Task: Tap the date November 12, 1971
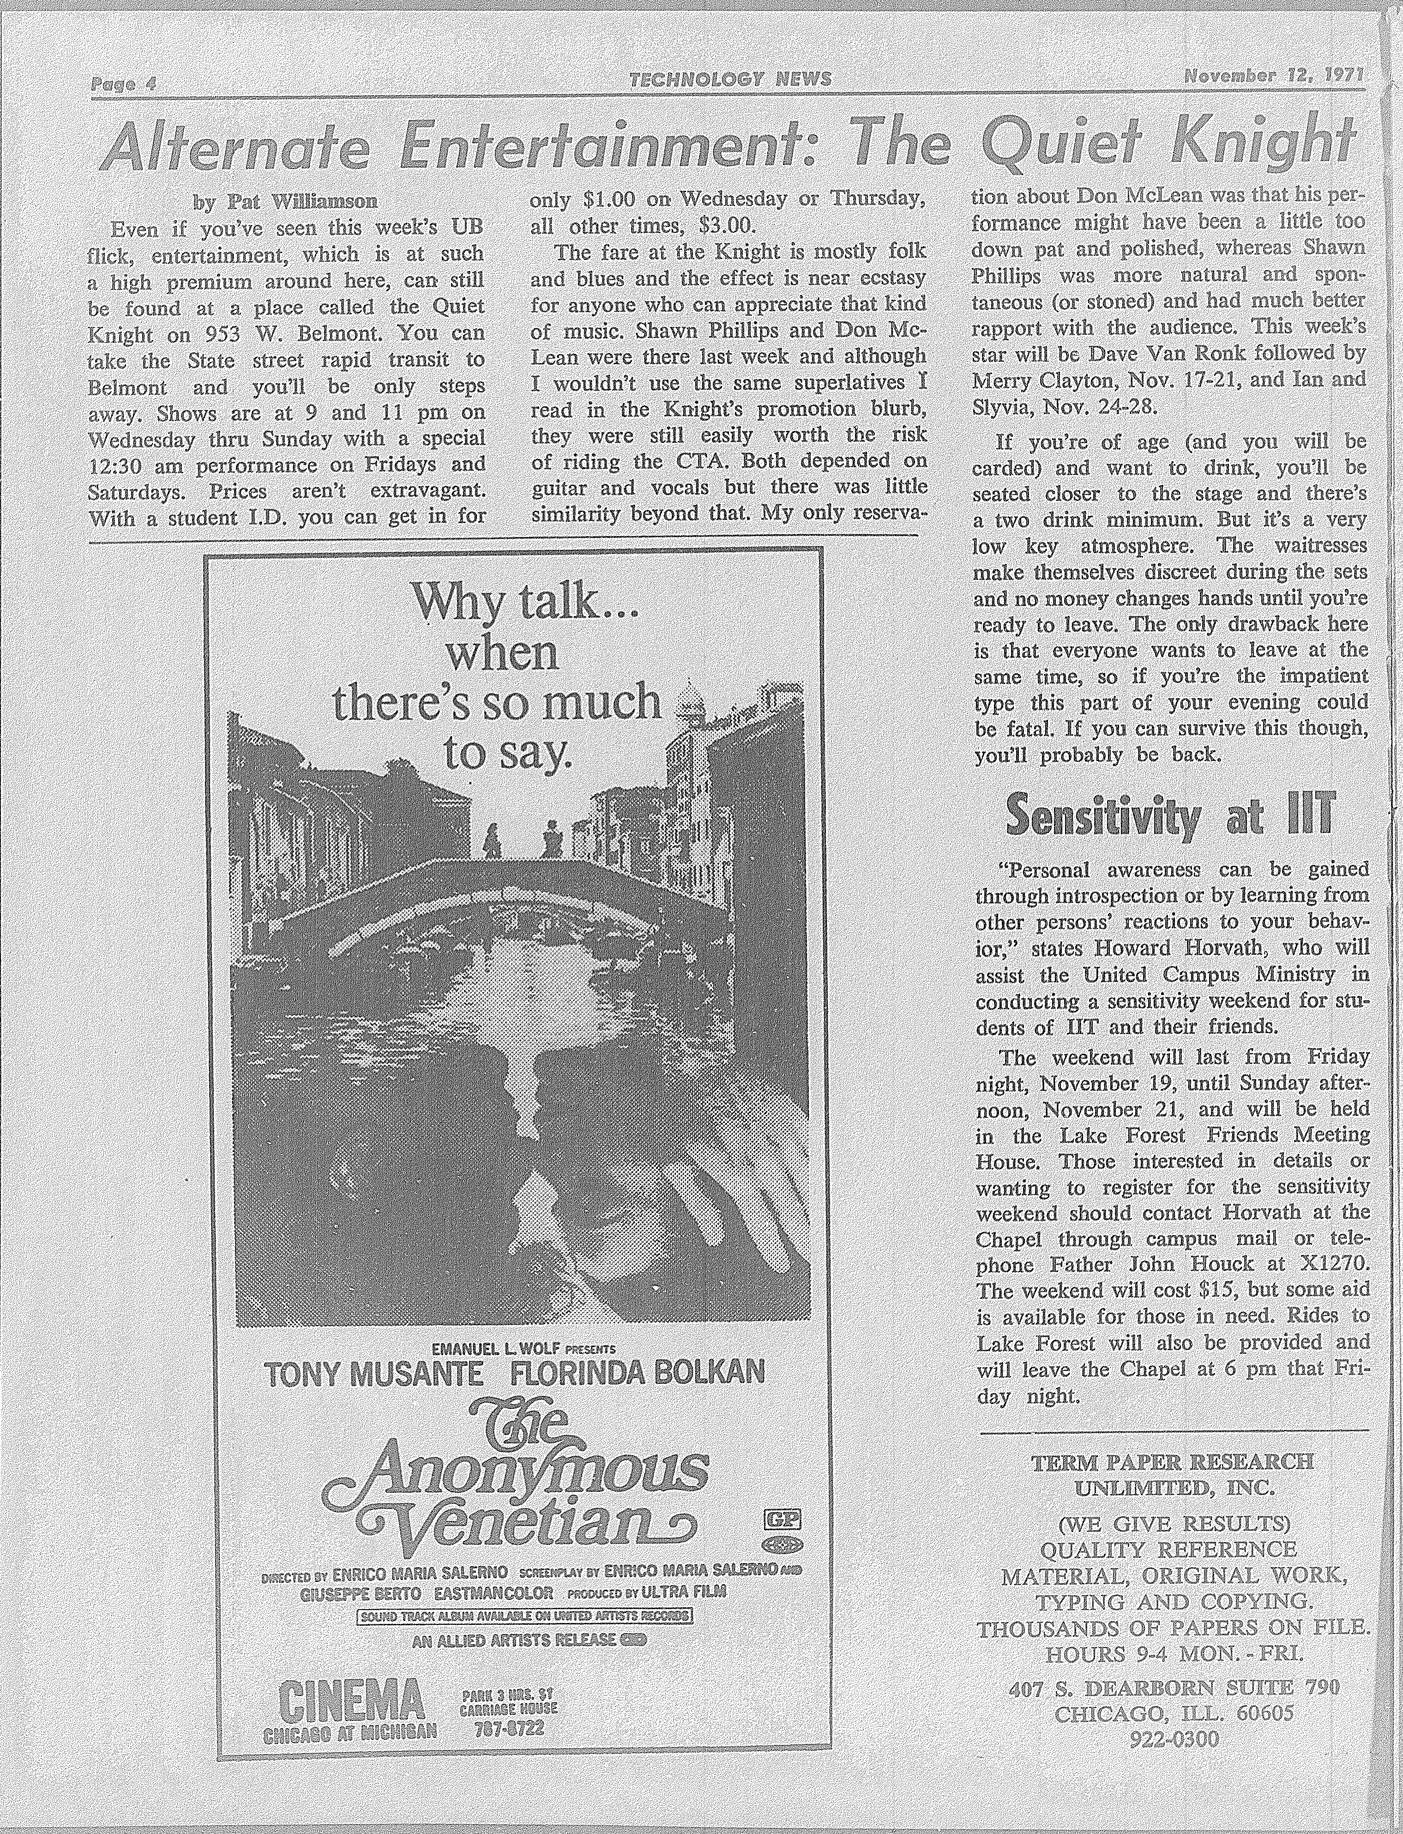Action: click(1274, 78)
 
